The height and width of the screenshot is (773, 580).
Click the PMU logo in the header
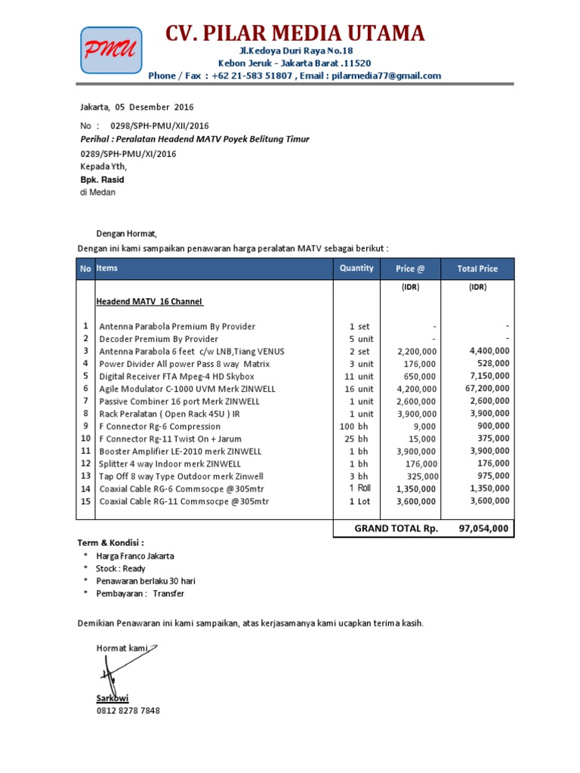[x=111, y=50]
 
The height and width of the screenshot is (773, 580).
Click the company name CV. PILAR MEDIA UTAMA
[x=295, y=33]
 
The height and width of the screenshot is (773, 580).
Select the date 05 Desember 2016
[x=144, y=106]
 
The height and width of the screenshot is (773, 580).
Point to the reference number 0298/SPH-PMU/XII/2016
[x=159, y=126]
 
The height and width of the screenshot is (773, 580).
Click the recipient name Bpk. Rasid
[x=102, y=180]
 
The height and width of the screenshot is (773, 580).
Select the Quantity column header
[x=356, y=268]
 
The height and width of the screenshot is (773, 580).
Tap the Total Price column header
[x=477, y=268]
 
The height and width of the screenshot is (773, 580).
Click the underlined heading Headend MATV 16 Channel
[x=150, y=302]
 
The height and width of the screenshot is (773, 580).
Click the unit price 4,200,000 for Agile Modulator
[x=416, y=389]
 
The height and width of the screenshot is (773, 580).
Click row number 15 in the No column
[x=85, y=500]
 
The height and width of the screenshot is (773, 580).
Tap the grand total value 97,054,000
[x=483, y=528]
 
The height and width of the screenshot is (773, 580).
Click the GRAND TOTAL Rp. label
[x=396, y=528]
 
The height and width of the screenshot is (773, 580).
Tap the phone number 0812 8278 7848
[x=128, y=710]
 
